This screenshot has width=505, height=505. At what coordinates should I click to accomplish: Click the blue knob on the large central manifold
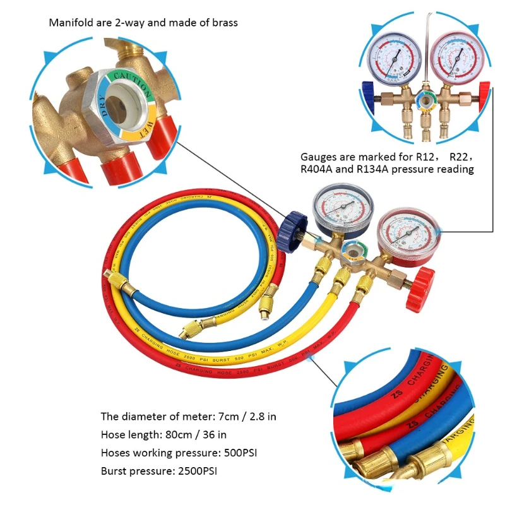click(x=290, y=232)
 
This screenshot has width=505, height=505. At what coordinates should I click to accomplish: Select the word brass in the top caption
click(x=225, y=23)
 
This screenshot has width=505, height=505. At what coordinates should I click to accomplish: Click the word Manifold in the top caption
click(x=69, y=23)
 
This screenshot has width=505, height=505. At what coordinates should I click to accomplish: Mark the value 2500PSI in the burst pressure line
click(x=199, y=471)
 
